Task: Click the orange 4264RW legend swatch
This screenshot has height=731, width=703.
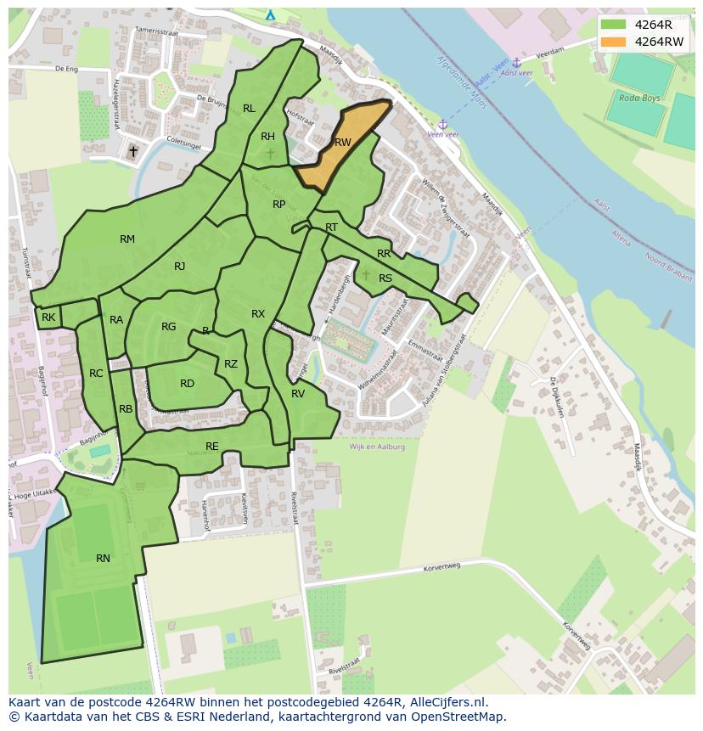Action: pos(616,41)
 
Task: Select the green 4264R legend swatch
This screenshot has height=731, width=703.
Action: pos(616,25)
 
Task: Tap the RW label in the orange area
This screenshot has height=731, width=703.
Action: pos(342,143)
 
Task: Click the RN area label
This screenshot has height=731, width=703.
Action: pos(103,558)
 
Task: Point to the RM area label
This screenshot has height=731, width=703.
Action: pos(127,239)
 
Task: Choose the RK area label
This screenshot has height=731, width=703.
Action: pos(48,318)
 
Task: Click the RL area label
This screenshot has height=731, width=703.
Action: pos(249,109)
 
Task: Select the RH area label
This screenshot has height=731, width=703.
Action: pos(267,137)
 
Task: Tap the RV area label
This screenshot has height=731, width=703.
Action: pos(298,394)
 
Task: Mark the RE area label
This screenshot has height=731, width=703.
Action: pos(212,446)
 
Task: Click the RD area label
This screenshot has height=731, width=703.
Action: pos(187,384)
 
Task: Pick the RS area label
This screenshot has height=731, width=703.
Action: pos(385,278)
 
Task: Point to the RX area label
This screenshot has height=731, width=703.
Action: pos(258,314)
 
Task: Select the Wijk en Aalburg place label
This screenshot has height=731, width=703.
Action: pos(377,447)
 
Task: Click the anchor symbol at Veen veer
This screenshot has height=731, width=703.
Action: pos(441,124)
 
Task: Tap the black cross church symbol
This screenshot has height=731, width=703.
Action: pos(132,152)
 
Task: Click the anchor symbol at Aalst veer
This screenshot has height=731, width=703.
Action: pos(516,63)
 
